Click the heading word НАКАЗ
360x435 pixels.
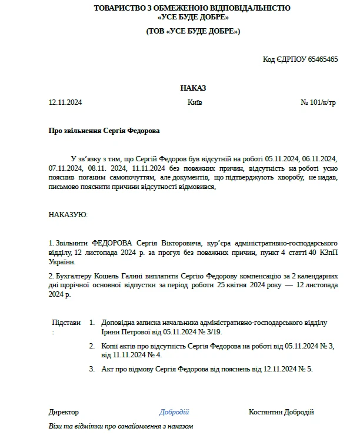(193, 88)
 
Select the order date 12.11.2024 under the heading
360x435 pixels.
(65, 102)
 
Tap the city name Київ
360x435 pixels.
(195, 102)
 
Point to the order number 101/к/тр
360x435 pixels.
(322, 102)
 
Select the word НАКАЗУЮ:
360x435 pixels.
(68, 215)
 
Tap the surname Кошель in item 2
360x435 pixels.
(109, 275)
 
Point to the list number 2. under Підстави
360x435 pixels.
(92, 346)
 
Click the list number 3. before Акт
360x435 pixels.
(92, 369)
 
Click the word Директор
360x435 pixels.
(64, 412)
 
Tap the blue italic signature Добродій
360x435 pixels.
(174, 412)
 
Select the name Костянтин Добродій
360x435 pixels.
(281, 412)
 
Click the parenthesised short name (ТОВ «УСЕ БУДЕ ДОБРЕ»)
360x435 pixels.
(193, 31)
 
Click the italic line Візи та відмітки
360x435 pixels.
(121, 426)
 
